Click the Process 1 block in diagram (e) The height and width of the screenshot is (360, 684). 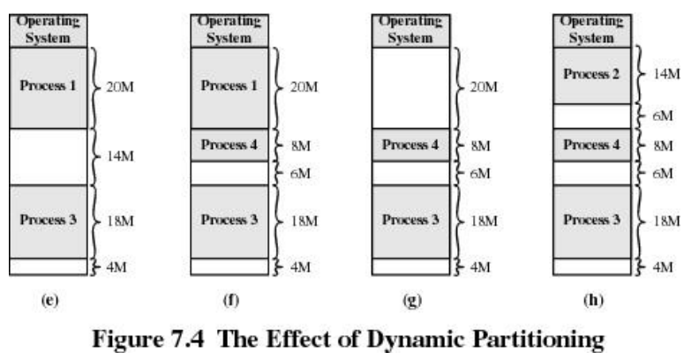tap(49, 87)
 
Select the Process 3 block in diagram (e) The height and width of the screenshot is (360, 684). tap(49, 221)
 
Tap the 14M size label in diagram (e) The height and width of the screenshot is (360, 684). tap(118, 157)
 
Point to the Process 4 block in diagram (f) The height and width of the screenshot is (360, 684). tap(229, 145)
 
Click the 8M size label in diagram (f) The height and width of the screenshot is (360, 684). tap(297, 146)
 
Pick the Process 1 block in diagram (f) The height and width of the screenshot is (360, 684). tap(229, 87)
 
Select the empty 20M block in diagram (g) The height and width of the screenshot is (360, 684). tap(410, 87)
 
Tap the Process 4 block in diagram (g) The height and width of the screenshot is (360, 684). tap(410, 145)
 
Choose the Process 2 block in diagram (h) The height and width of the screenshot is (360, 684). tap(592, 75)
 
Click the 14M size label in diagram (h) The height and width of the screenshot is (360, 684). tap(664, 75)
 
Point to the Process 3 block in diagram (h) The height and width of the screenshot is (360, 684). tap(592, 221)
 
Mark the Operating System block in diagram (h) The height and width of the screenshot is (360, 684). tap(592, 30)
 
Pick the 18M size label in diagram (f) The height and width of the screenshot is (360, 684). tap(300, 221)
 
